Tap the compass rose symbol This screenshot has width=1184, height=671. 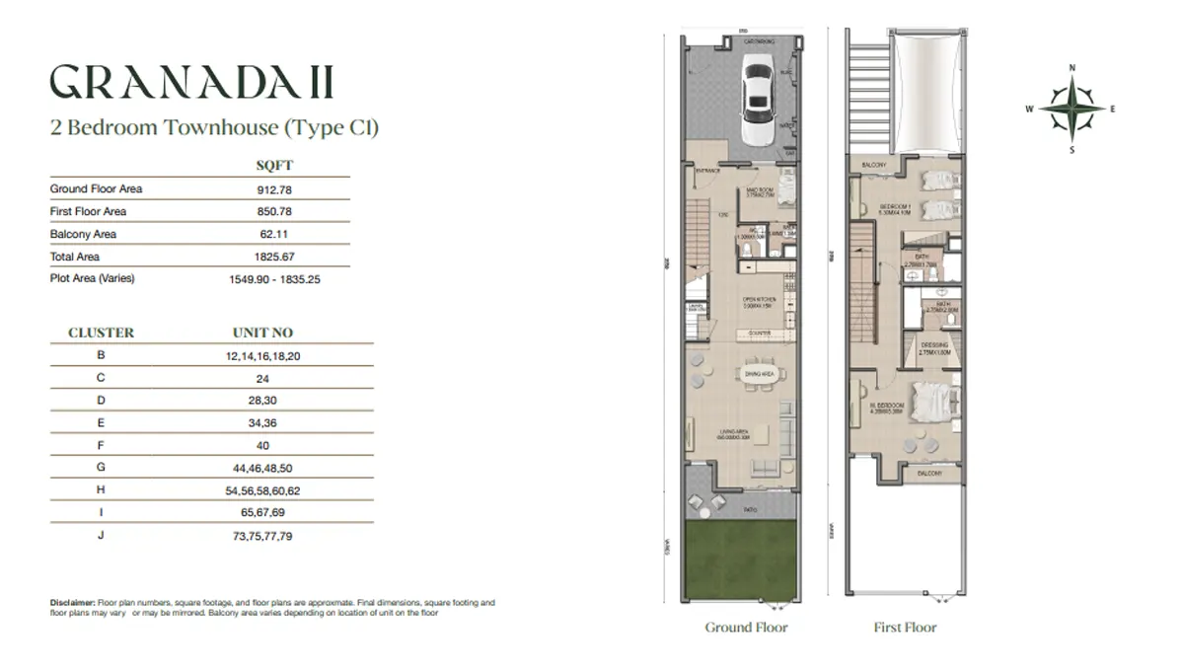pyautogui.click(x=1072, y=109)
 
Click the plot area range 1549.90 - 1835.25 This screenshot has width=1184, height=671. pyautogui.click(x=274, y=279)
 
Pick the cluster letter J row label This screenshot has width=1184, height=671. pyautogui.click(x=101, y=536)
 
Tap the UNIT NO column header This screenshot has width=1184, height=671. pyautogui.click(x=262, y=333)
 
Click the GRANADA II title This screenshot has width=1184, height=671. pyautogui.click(x=191, y=84)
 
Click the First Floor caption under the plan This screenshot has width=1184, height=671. pyautogui.click(x=905, y=628)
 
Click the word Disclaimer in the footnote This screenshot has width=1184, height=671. pyautogui.click(x=71, y=602)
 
